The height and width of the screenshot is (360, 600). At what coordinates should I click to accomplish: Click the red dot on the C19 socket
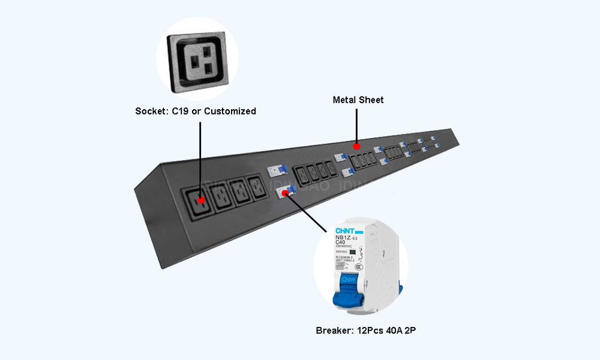202,200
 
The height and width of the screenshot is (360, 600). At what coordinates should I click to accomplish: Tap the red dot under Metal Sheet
356,146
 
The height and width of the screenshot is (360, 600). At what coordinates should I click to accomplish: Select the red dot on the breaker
285,193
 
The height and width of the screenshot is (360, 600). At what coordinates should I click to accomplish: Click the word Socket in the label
151,111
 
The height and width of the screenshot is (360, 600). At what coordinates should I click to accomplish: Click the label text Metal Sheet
358,100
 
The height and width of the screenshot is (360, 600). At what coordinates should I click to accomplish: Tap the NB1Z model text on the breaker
341,237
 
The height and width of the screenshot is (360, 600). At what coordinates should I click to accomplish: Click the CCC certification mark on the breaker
358,266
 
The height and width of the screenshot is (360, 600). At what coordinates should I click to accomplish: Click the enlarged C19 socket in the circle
197,61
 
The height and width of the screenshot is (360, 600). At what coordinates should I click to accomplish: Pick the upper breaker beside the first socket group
275,171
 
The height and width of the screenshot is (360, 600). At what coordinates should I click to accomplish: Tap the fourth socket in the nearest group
257,188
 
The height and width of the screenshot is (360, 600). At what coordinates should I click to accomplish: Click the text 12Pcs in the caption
370,331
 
